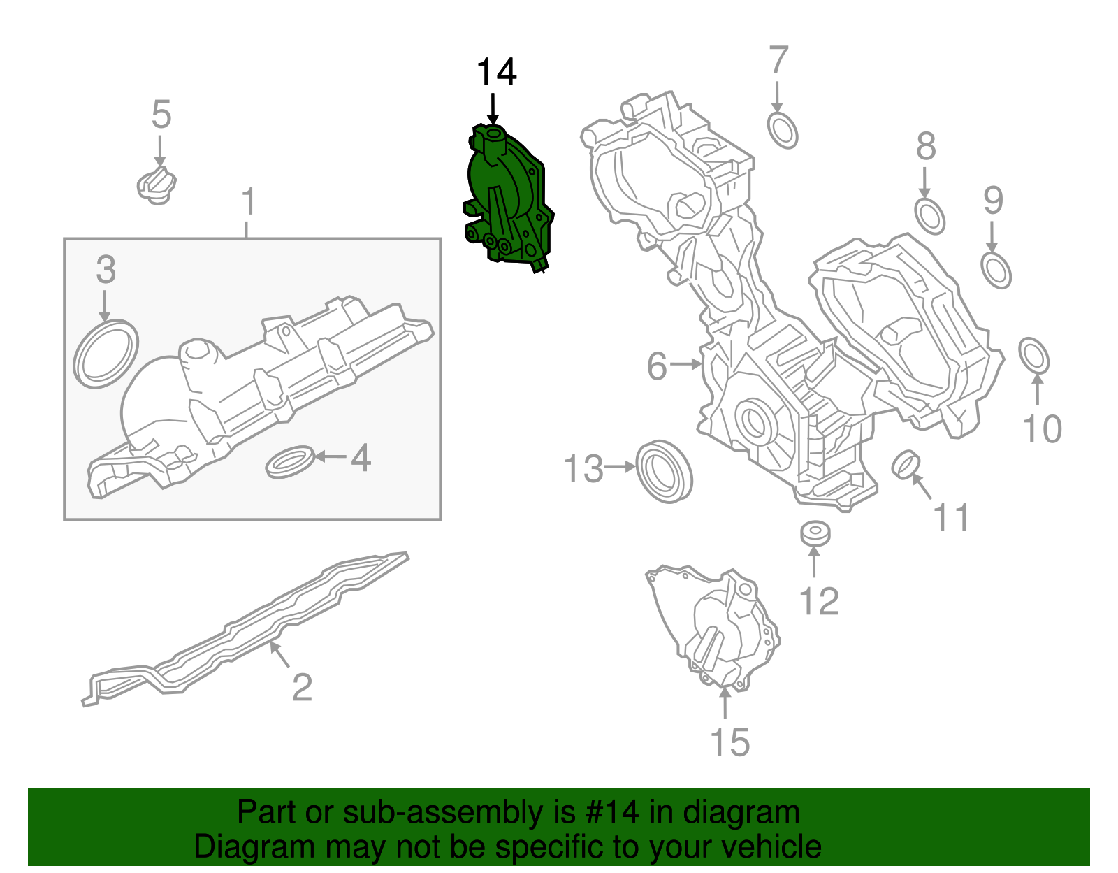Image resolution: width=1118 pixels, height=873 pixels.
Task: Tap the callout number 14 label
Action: point(496,73)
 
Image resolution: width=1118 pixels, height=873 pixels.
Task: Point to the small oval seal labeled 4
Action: point(289,461)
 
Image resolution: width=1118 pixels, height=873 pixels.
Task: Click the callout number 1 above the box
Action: point(248,202)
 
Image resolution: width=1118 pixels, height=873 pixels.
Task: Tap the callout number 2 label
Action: point(301,687)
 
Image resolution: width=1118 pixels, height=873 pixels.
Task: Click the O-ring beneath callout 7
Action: point(783,130)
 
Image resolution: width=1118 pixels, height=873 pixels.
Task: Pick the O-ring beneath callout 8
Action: point(929,216)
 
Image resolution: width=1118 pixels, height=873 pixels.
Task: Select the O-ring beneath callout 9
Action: point(996,270)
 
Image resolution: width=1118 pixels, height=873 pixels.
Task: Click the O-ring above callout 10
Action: point(1034,356)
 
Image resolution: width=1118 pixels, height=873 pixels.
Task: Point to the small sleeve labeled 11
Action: point(906,465)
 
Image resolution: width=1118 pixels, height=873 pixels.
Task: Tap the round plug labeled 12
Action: point(815,533)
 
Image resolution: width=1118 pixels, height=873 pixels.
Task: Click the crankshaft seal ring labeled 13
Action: point(664,471)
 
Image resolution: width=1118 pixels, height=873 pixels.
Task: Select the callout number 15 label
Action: point(729,742)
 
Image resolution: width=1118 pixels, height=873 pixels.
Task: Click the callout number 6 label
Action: point(657,366)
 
